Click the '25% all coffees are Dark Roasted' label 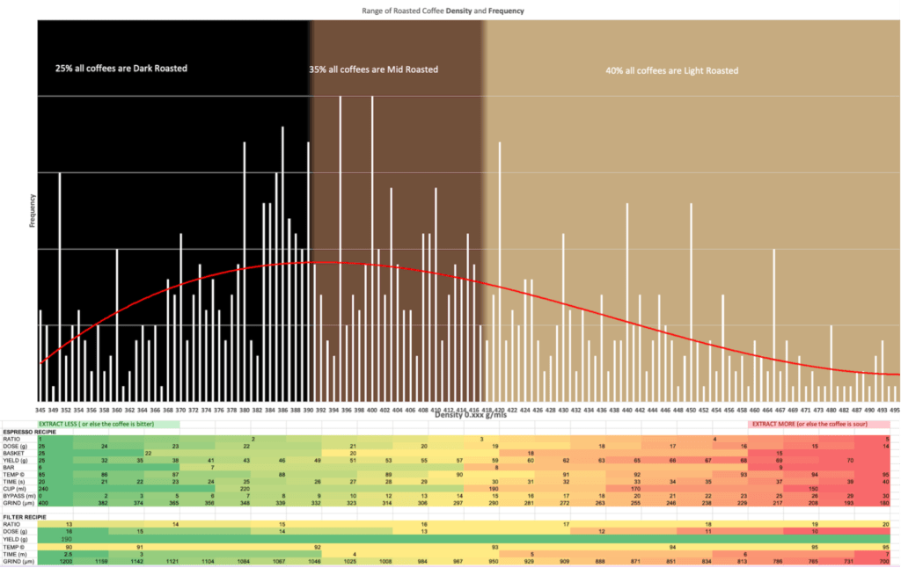(121, 68)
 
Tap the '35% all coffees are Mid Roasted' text (373, 69)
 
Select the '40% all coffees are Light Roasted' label (671, 70)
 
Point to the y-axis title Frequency (33, 212)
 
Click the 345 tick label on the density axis (40, 409)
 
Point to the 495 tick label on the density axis (894, 409)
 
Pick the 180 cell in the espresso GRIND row (886, 502)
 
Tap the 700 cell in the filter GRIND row (886, 559)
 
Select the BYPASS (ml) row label (18, 495)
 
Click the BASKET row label (14, 453)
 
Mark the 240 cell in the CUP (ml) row (42, 488)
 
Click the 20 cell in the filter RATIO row (886, 524)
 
